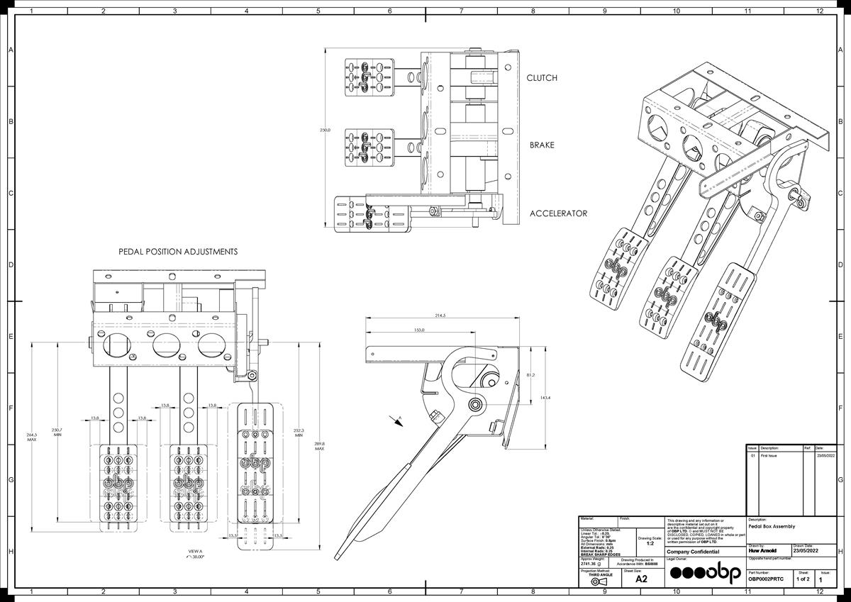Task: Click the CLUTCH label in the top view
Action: pos(542,78)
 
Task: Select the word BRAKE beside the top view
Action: pos(542,145)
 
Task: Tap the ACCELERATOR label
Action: pos(558,213)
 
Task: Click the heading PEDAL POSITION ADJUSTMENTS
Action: pos(178,252)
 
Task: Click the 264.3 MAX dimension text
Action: pos(31,437)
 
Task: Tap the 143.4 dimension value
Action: pos(545,398)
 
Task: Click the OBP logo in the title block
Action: pos(706,573)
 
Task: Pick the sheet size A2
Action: pos(641,579)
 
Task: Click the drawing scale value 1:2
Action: pos(650,543)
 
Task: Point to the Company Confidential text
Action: pos(693,552)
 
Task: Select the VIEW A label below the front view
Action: pos(195,551)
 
